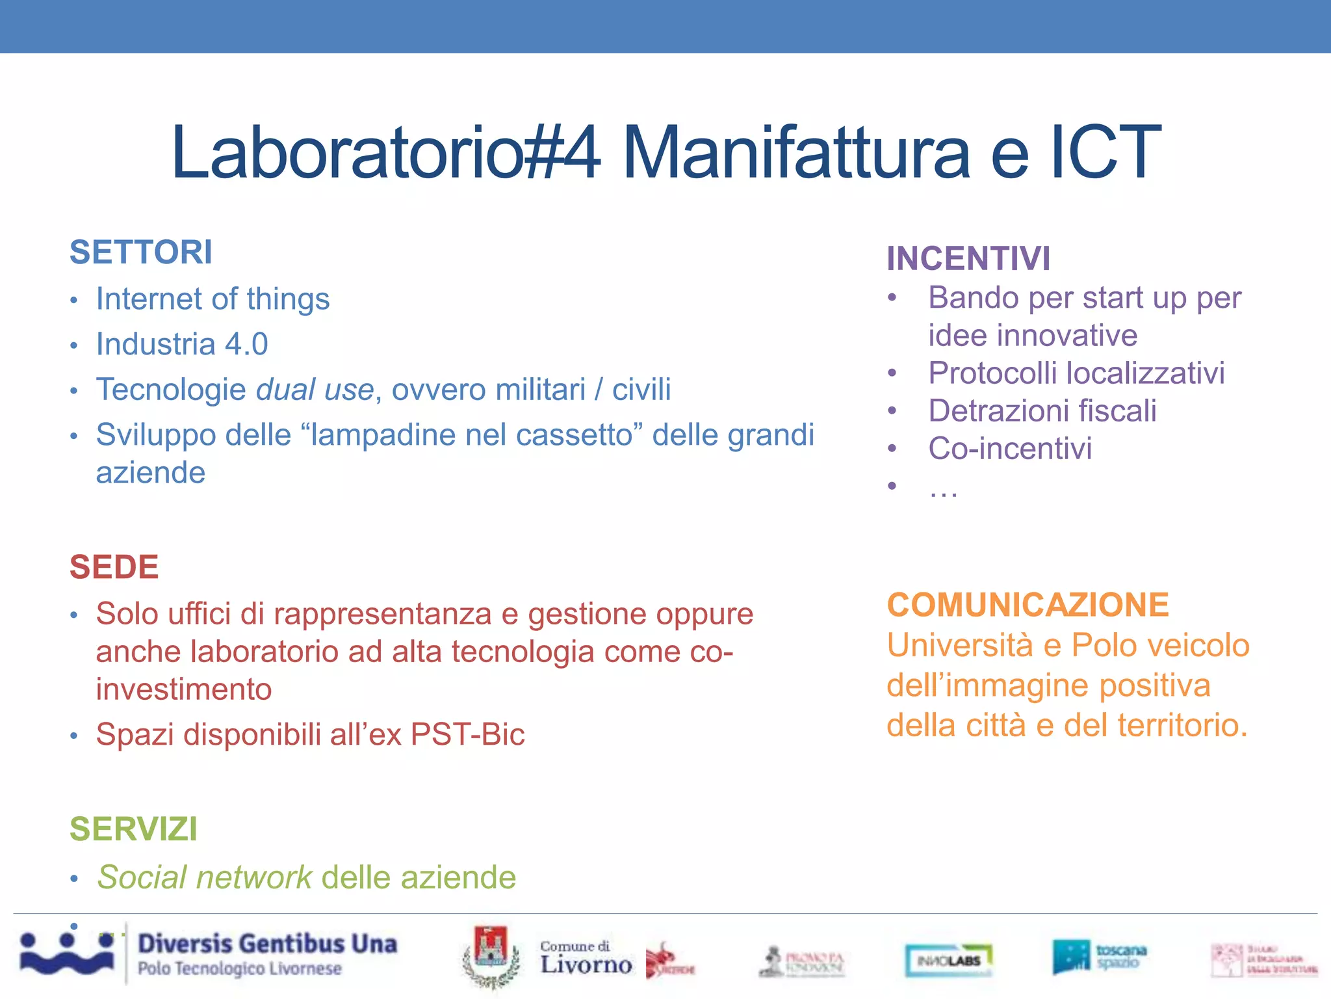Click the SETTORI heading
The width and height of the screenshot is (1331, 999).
point(141,252)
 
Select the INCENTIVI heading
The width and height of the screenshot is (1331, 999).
point(968,259)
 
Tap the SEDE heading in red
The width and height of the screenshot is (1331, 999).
point(114,567)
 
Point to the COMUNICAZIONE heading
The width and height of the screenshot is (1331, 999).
point(1027,605)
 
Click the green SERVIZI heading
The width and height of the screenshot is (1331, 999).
point(133,829)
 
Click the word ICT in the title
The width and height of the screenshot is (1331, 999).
point(1105,153)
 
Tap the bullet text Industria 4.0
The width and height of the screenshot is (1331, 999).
point(182,344)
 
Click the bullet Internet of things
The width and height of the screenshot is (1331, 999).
point(213,299)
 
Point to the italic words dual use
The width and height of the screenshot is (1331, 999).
point(315,390)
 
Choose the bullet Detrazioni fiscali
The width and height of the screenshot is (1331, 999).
point(1042,411)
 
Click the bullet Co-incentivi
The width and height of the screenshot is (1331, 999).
point(1009,449)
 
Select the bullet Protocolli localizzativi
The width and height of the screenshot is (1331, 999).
point(1076,373)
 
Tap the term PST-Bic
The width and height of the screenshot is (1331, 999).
point(467,735)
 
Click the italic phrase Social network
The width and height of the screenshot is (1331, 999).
point(205,877)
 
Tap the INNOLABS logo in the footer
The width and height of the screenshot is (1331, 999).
point(948,960)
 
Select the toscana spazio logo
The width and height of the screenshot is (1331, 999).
point(1099,957)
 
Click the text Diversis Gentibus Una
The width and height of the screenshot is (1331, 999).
point(267,944)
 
